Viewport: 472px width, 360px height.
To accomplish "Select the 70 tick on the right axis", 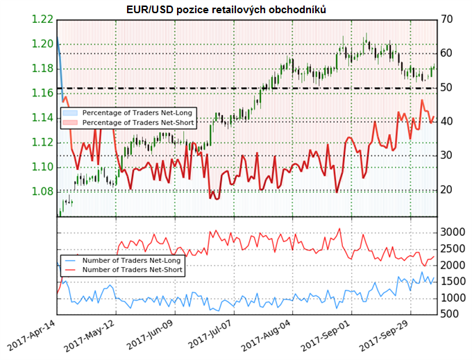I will pos(448,19).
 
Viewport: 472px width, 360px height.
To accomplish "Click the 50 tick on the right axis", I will pos(448,87).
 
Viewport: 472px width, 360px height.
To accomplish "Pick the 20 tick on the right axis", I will pos(448,189).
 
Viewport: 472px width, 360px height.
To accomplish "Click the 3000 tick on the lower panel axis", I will pos(454,232).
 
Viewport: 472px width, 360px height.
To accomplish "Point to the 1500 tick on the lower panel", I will pos(454,281).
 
